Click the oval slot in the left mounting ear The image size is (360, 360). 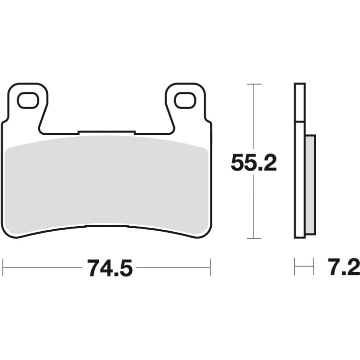(x=28, y=100)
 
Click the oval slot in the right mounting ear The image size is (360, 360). (x=184, y=100)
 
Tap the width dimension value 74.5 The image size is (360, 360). (x=110, y=269)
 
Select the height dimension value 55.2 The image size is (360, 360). (x=254, y=163)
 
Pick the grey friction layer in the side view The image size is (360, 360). (x=309, y=185)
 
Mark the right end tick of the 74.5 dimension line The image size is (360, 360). (x=210, y=267)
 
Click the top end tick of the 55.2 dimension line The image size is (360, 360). (x=254, y=85)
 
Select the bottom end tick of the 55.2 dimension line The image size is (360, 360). (x=254, y=239)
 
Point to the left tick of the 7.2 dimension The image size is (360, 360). (x=295, y=267)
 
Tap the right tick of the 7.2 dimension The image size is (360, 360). (x=314, y=267)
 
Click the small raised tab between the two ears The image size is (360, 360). (x=106, y=132)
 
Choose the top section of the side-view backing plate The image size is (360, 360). (x=299, y=102)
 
